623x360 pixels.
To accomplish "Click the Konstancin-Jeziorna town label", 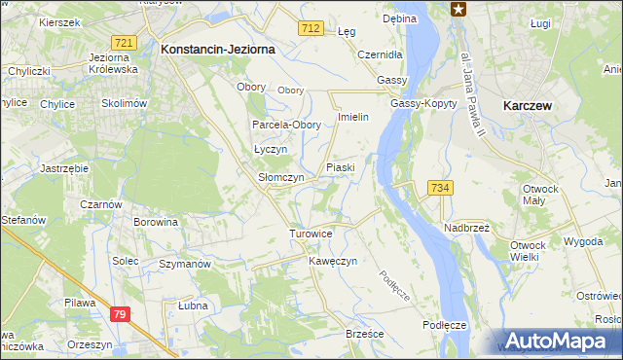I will click(x=218, y=48).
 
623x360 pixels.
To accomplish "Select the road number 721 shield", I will click(x=123, y=44).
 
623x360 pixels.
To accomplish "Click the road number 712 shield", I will click(x=311, y=31).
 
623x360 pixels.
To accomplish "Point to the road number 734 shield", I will click(x=439, y=188).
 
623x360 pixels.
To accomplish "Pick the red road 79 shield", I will click(x=120, y=313).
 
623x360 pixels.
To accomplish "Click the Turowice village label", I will click(x=311, y=234).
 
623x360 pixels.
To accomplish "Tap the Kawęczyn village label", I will click(x=334, y=262).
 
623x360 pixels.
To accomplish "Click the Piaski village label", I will click(x=340, y=167).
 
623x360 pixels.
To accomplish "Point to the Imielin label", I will click(x=351, y=117).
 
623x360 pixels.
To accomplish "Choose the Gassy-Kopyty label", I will click(x=419, y=103).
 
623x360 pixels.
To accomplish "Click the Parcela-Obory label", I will click(x=286, y=126).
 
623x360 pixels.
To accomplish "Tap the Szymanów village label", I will click(x=185, y=265).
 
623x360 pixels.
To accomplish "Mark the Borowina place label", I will click(x=156, y=222).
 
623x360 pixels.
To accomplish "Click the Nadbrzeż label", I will click(x=466, y=227).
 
